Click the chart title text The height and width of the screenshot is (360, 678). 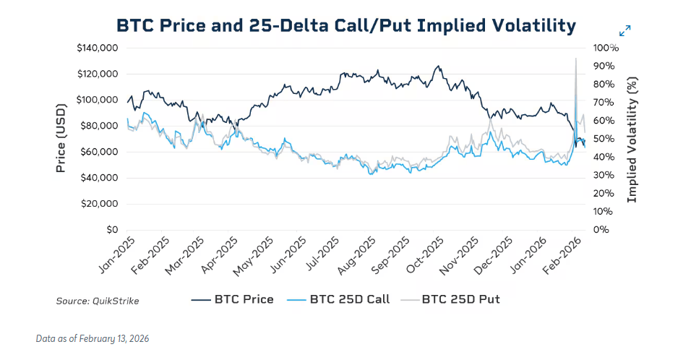point(346,26)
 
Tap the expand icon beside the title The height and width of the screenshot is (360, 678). point(625,30)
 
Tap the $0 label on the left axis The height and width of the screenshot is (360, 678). point(111,230)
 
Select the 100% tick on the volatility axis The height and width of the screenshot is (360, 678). point(606,48)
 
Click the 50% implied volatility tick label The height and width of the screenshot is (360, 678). point(604,139)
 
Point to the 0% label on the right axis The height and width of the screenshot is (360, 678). point(601,230)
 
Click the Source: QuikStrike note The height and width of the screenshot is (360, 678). point(98,301)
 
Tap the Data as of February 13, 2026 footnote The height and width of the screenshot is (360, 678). point(93,338)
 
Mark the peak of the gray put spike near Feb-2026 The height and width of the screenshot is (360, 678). point(575,59)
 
